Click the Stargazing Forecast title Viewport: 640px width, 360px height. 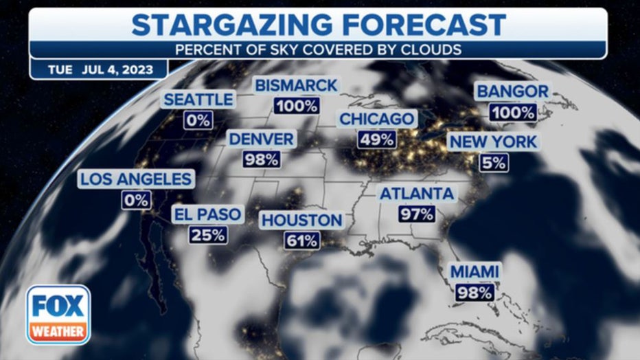coord(319,25)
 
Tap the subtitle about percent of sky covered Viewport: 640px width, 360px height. coord(319,50)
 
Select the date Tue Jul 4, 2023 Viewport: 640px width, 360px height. coord(98,70)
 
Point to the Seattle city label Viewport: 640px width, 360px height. coord(198,99)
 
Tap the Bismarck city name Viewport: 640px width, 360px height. coord(296,86)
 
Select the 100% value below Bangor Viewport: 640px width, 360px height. coord(513,112)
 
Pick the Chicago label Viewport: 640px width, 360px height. coord(377,119)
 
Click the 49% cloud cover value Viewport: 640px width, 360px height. coord(376,139)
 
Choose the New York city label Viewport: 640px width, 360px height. coord(493,142)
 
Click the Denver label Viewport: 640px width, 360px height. coord(261,139)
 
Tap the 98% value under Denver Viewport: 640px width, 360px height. coord(261,160)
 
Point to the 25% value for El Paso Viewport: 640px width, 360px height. coord(208,235)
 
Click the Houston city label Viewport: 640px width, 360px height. coord(301,220)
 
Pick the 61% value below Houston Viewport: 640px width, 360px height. coord(301,240)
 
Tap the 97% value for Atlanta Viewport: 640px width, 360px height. coord(417,214)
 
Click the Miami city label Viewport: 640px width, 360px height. coord(475,271)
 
